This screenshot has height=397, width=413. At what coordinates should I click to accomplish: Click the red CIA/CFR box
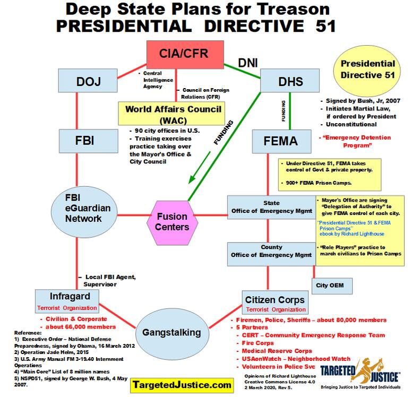185,54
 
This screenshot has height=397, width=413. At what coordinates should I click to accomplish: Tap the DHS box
291,82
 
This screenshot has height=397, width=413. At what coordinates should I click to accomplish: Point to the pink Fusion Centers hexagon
172,222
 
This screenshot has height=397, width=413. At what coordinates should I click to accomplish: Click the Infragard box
66,301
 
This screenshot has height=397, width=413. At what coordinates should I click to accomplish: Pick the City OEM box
330,286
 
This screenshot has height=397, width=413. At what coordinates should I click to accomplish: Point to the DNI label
247,63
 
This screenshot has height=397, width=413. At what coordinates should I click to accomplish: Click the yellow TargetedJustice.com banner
182,384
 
